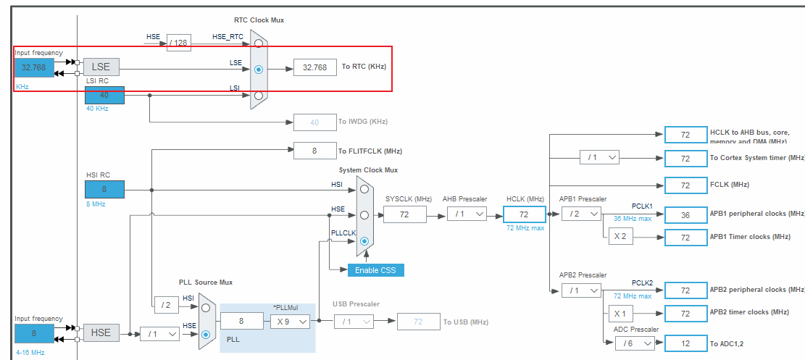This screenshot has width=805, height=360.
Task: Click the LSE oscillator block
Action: click(x=101, y=67)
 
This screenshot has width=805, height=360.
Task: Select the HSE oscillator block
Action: click(x=101, y=332)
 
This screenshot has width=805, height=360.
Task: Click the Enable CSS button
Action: click(x=375, y=270)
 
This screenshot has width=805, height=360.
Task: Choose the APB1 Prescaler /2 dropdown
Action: click(x=580, y=214)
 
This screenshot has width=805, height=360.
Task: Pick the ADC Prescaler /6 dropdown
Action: click(x=634, y=343)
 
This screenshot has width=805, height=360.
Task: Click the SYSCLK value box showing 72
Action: click(x=404, y=214)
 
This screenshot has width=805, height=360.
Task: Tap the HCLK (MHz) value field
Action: click(x=523, y=214)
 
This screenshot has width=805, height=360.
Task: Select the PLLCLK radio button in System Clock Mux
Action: click(x=364, y=241)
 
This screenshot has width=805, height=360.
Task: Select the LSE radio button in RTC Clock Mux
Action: click(x=259, y=70)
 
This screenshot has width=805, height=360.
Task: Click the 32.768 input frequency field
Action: click(x=33, y=67)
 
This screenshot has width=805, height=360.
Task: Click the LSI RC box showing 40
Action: click(x=104, y=95)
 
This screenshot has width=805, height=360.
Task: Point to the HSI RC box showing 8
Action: click(x=104, y=189)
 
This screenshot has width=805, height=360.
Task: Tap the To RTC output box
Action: click(x=314, y=67)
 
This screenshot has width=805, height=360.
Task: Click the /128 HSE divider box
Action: click(x=178, y=43)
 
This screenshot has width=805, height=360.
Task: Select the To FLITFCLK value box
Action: click(x=314, y=151)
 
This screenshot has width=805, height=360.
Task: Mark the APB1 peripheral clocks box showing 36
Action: click(x=685, y=214)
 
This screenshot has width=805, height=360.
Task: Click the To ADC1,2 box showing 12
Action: click(x=685, y=343)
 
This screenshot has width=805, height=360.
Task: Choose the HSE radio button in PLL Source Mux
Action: click(x=206, y=334)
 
